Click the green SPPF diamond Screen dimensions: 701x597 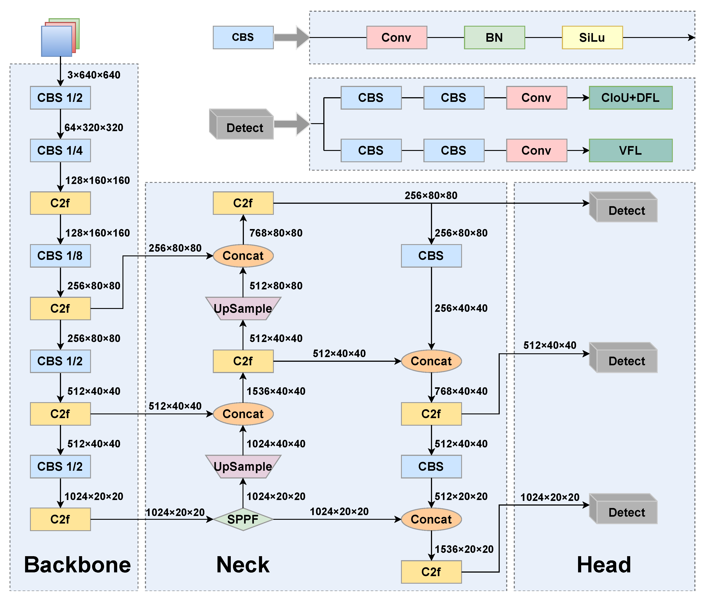(243, 519)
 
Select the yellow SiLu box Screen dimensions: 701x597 (592, 38)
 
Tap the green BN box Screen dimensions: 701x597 (494, 38)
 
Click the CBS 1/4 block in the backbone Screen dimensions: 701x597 (60, 150)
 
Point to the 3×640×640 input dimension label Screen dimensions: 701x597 (94, 75)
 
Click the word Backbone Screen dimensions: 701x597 (77, 565)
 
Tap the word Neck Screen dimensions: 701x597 (243, 565)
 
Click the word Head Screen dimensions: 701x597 (604, 565)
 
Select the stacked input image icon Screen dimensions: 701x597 (60, 37)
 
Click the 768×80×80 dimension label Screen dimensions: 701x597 (276, 233)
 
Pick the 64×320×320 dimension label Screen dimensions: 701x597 (94, 128)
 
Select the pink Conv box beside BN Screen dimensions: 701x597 (397, 38)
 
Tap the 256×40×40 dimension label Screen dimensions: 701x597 (461, 308)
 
